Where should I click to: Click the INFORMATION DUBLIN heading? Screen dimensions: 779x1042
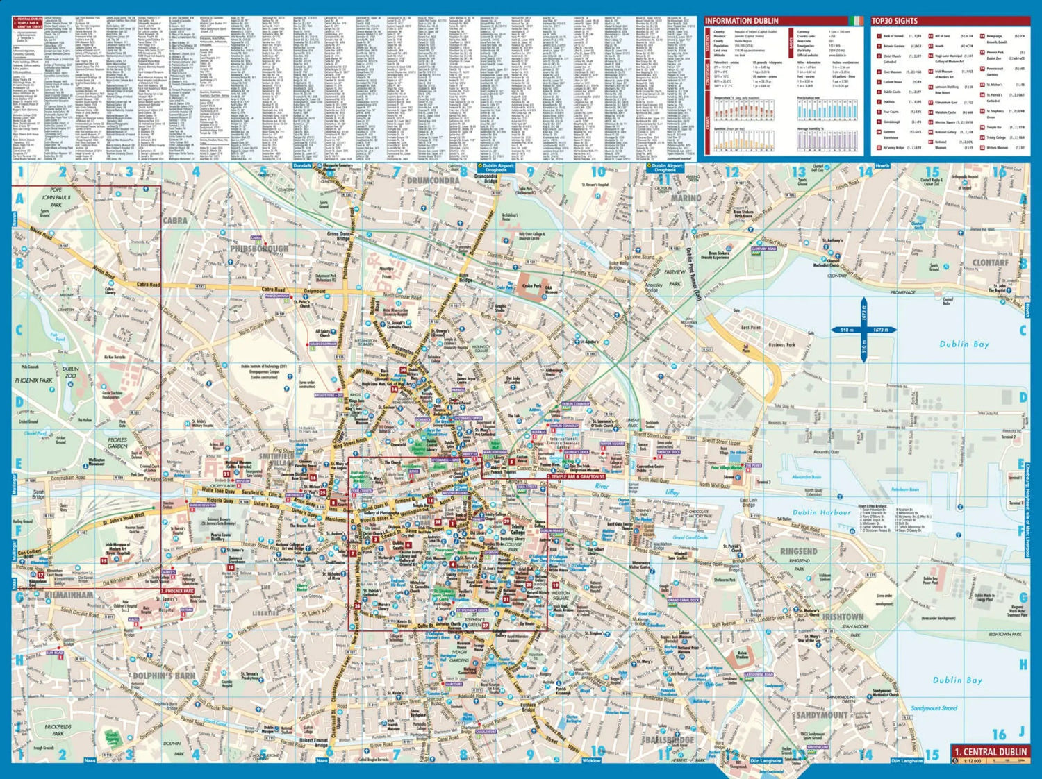[x=742, y=21]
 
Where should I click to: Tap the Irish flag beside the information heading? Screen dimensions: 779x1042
[x=857, y=21]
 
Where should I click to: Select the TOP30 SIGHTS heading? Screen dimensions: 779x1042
[x=895, y=21]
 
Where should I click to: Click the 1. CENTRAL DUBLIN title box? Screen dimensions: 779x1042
[x=990, y=752]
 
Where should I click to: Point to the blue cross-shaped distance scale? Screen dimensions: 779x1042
[x=863, y=330]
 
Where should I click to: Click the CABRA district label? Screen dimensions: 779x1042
[x=174, y=220]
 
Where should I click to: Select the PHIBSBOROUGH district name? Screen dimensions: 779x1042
[x=259, y=248]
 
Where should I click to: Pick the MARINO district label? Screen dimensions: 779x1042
[x=686, y=198]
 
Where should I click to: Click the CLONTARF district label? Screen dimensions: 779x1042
[x=990, y=263]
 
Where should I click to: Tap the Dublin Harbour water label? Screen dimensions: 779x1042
[x=822, y=512]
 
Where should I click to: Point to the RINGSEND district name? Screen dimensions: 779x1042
[x=798, y=551]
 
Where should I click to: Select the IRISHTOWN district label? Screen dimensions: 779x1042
[x=843, y=617]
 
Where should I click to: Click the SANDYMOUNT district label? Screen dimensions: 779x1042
[x=822, y=714]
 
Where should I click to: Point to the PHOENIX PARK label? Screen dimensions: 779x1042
[x=33, y=380]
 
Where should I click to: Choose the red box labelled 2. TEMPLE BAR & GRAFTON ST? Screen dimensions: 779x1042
[x=576, y=477]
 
